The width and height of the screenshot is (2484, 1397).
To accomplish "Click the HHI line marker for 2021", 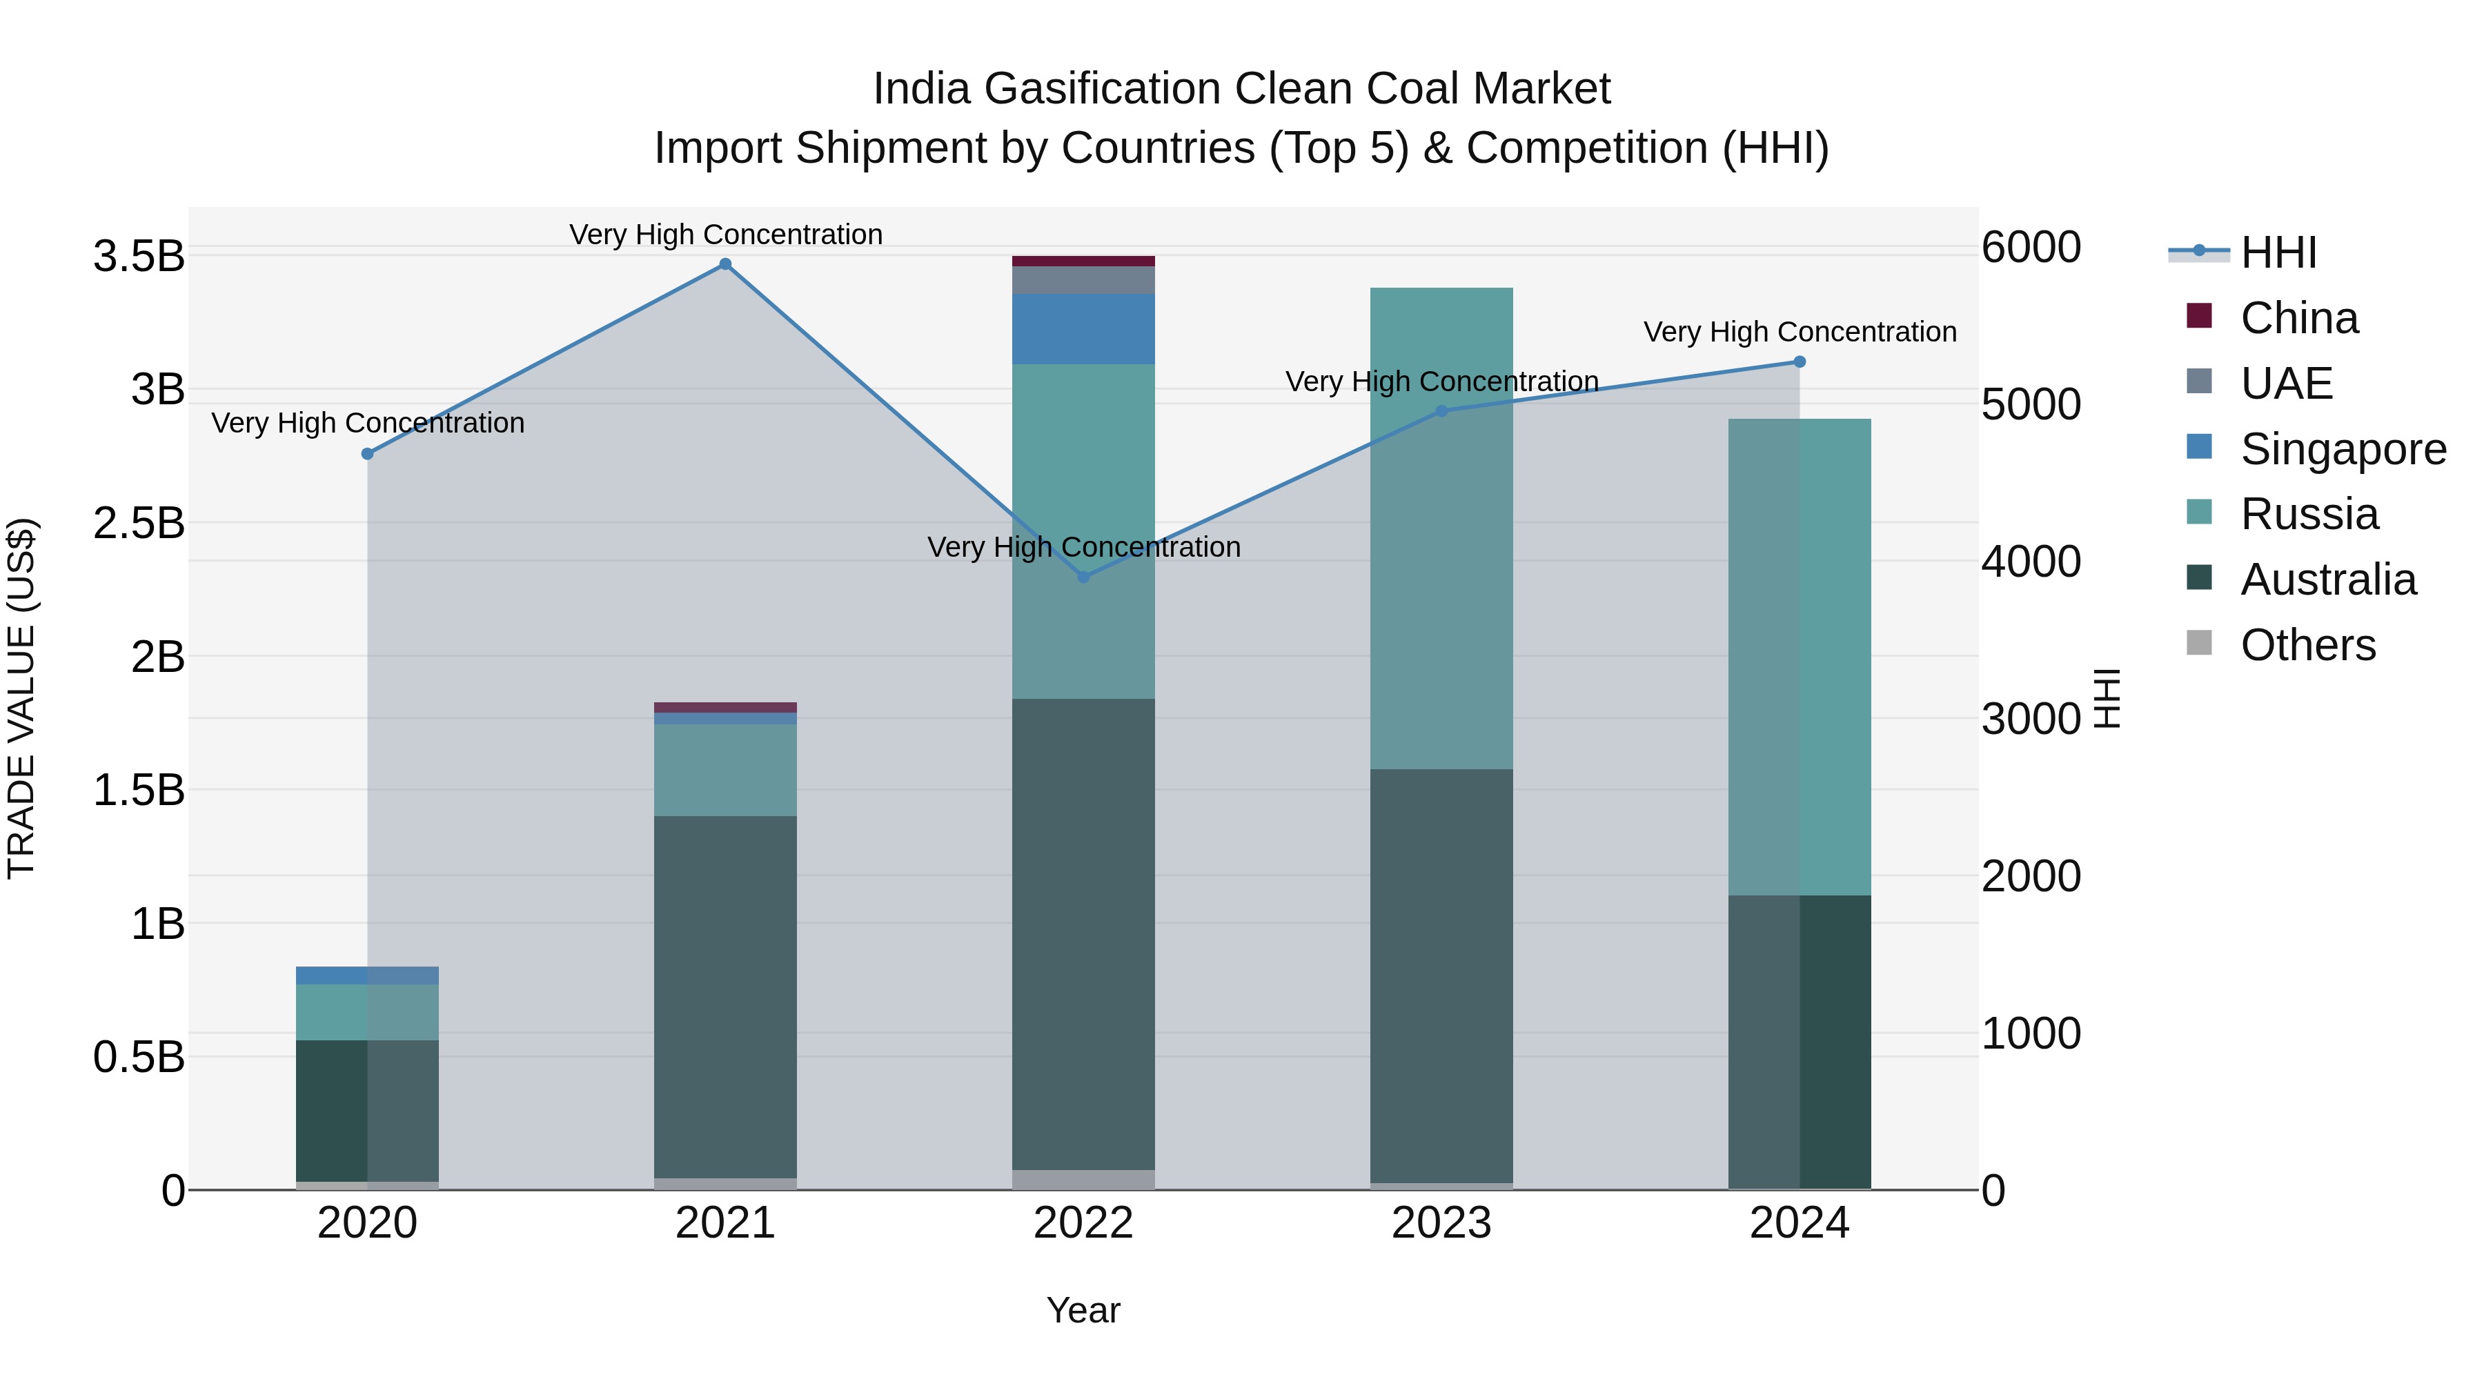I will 725,264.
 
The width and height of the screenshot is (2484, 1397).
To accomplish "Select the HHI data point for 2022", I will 1083,577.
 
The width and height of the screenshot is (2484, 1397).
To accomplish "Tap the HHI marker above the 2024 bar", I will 1798,361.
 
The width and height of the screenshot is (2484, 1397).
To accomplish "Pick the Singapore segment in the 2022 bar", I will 1083,329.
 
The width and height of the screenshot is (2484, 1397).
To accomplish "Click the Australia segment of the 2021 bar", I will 725,996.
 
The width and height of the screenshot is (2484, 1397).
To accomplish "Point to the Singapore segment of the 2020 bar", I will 366,975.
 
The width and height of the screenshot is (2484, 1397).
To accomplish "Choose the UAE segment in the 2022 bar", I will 1083,279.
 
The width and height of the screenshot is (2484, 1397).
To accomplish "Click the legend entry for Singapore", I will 2343,449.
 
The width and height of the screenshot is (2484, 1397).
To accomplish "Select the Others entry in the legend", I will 2307,645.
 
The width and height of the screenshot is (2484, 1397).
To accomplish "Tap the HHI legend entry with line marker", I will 2278,252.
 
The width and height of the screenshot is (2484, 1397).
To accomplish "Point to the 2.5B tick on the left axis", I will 139,524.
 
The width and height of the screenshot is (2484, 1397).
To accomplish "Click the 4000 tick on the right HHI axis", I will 2031,562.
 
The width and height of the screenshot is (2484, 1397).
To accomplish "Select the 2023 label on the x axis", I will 1441,1223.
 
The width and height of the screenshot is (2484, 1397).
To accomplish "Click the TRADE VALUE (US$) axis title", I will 21,698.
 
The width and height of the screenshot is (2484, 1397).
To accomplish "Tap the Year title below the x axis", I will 1083,1310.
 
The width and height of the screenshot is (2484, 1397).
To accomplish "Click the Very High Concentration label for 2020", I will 367,424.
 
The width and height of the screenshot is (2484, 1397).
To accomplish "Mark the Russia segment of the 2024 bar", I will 1798,657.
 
